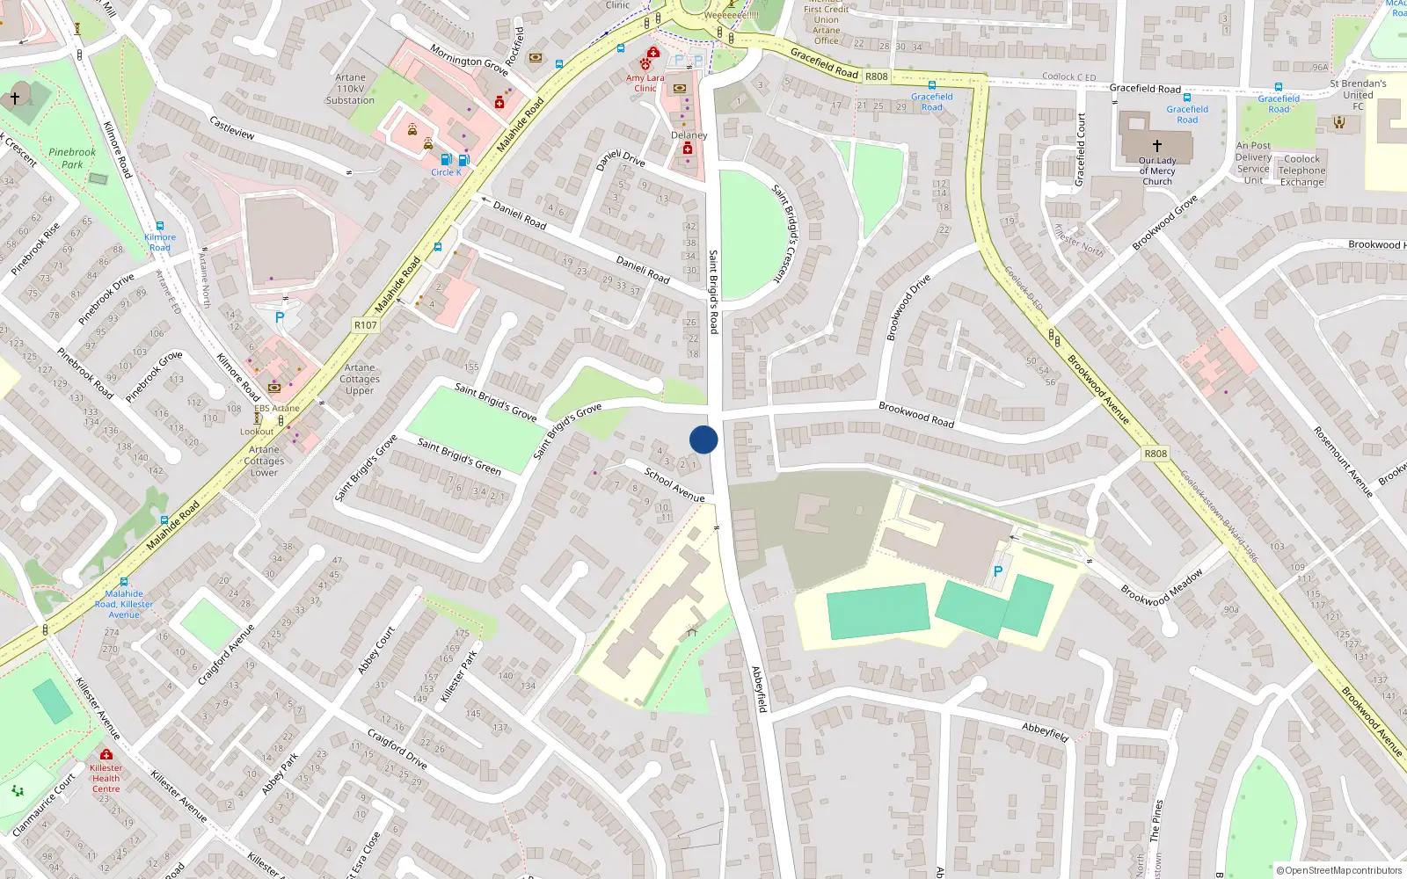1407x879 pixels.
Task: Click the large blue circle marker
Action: pos(703,439)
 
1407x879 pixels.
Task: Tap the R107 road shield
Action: pos(365,325)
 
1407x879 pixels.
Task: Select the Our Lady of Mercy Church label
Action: pos(1157,171)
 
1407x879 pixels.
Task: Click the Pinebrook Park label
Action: pos(72,158)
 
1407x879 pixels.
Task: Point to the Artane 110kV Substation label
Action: pos(350,89)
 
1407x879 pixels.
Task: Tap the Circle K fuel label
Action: pos(446,172)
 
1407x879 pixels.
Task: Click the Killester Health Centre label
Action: pos(106,778)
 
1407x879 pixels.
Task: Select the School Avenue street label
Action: pos(674,484)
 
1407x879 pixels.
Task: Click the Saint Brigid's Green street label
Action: pos(459,456)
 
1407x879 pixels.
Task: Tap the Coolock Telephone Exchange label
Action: pos(1301,171)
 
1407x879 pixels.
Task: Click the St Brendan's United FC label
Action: pos(1358,95)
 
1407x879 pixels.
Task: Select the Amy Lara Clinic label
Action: pos(645,83)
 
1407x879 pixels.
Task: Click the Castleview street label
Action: pos(232,127)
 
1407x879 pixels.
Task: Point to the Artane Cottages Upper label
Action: pos(360,379)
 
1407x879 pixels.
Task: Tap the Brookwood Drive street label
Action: pos(908,308)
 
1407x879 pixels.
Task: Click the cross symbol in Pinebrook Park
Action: pos(15,98)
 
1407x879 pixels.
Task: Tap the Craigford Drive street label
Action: pos(397,749)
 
